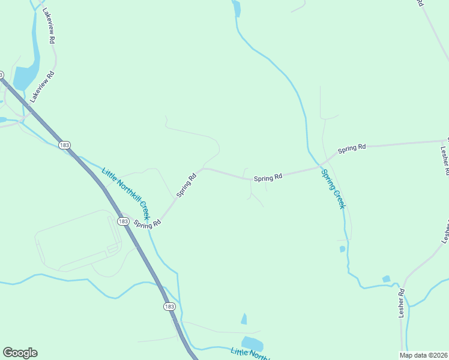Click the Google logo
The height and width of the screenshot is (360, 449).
tap(20, 353)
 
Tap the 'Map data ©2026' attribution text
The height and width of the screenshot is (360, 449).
tap(423, 355)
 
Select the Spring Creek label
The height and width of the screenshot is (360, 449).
tap(333, 189)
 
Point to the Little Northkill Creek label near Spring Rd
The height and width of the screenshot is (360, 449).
tap(125, 193)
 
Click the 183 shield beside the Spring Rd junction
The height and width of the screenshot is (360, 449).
tap(123, 221)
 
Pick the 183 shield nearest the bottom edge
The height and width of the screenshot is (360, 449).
tap(169, 307)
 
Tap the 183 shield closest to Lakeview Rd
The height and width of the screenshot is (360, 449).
tap(64, 145)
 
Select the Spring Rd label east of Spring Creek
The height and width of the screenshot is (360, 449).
tap(352, 148)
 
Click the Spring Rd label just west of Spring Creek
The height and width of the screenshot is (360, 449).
tap(268, 178)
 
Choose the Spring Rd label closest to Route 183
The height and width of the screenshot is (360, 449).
tap(147, 224)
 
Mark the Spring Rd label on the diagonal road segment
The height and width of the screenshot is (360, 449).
tap(187, 186)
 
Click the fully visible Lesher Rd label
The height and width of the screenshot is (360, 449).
tap(402, 304)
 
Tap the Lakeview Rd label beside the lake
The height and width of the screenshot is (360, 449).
tap(43, 87)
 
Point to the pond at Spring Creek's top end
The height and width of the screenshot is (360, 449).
tap(237, 8)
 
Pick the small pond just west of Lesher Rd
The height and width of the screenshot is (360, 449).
tap(386, 279)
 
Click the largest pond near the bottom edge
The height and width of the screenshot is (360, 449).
tap(252, 343)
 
